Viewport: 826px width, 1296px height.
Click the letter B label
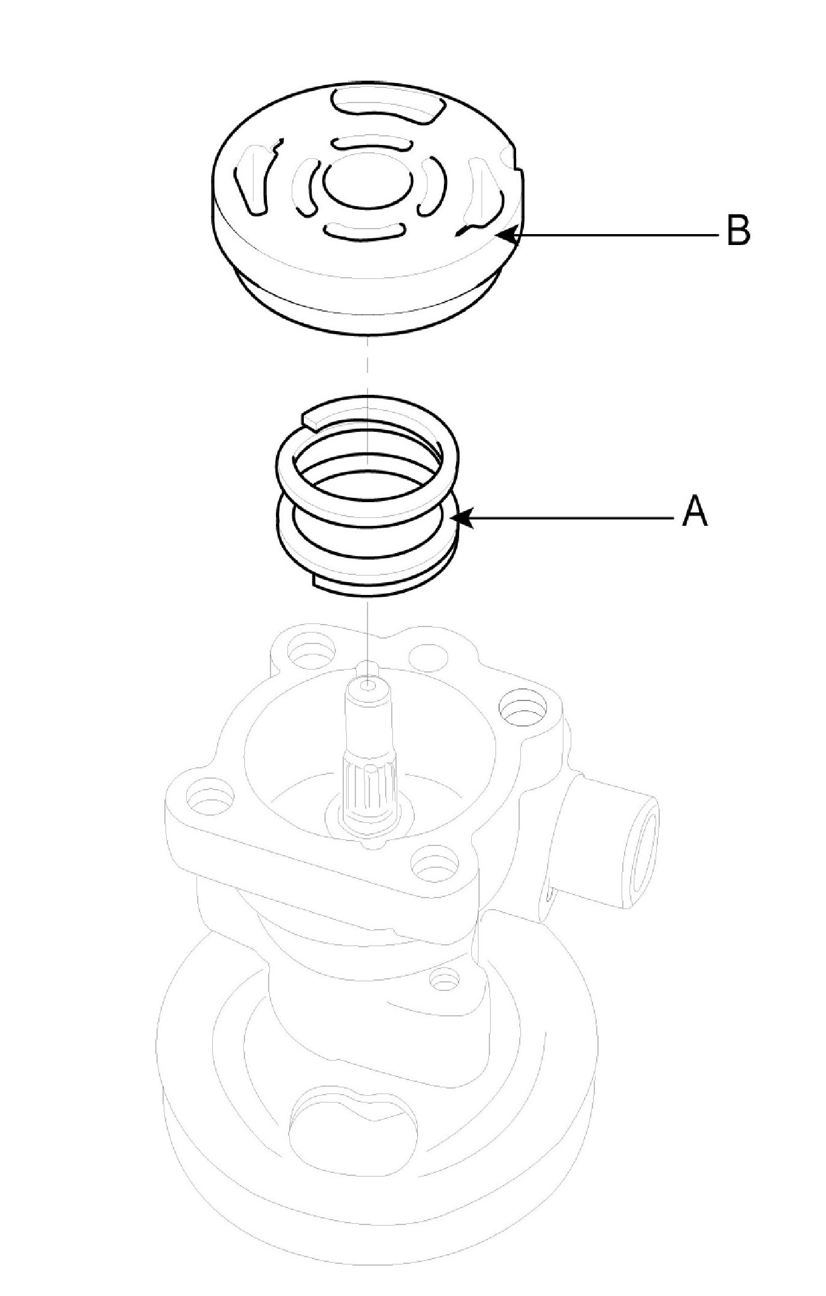(x=738, y=230)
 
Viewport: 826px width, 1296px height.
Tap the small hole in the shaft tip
(x=368, y=685)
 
